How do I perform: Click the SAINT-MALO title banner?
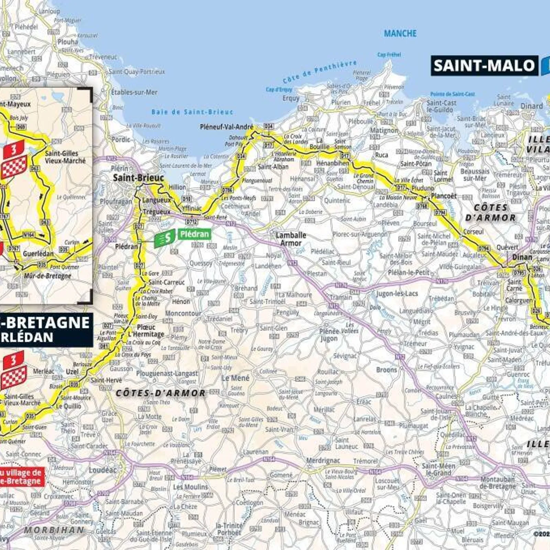click(x=484, y=66)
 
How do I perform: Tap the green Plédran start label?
click(x=194, y=234)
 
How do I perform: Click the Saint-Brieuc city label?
click(x=139, y=178)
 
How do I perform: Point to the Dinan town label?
click(x=522, y=257)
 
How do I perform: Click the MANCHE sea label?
click(x=400, y=33)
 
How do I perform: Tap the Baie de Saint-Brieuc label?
click(x=192, y=112)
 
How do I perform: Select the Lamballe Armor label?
click(x=290, y=239)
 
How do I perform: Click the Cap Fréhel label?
click(x=389, y=54)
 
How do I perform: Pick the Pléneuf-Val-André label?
click(x=227, y=127)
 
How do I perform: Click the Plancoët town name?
click(x=444, y=196)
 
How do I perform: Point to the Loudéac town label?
click(x=102, y=470)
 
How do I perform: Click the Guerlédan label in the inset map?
click(x=38, y=254)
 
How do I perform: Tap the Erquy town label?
click(x=291, y=98)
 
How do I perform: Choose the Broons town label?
click(x=386, y=370)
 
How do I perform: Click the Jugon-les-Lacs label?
click(x=397, y=294)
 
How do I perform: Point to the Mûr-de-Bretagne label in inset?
click(x=47, y=276)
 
